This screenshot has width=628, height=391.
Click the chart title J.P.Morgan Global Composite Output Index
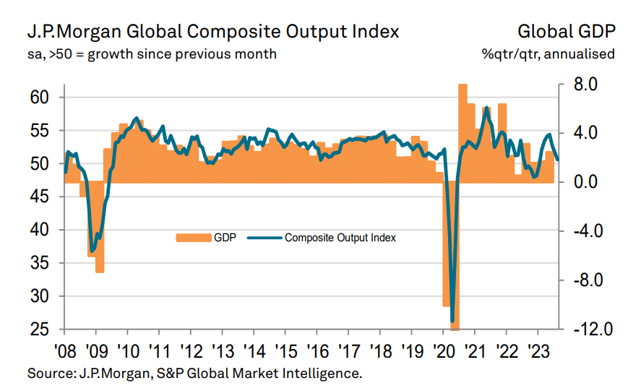[213, 32]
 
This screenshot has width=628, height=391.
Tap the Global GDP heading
[566, 32]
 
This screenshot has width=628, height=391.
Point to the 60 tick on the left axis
[47, 97]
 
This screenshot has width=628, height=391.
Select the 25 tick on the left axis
[47, 330]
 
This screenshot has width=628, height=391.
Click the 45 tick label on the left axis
[47, 197]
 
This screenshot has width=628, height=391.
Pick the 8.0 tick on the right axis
[586, 85]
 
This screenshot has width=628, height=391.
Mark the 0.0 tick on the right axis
[586, 182]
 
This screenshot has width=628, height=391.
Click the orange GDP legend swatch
[192, 237]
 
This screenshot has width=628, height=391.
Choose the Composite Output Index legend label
[340, 237]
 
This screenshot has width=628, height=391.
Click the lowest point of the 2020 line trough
[452, 321]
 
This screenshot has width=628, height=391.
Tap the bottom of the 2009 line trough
[92, 250]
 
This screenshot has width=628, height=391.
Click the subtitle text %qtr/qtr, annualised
[549, 54]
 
